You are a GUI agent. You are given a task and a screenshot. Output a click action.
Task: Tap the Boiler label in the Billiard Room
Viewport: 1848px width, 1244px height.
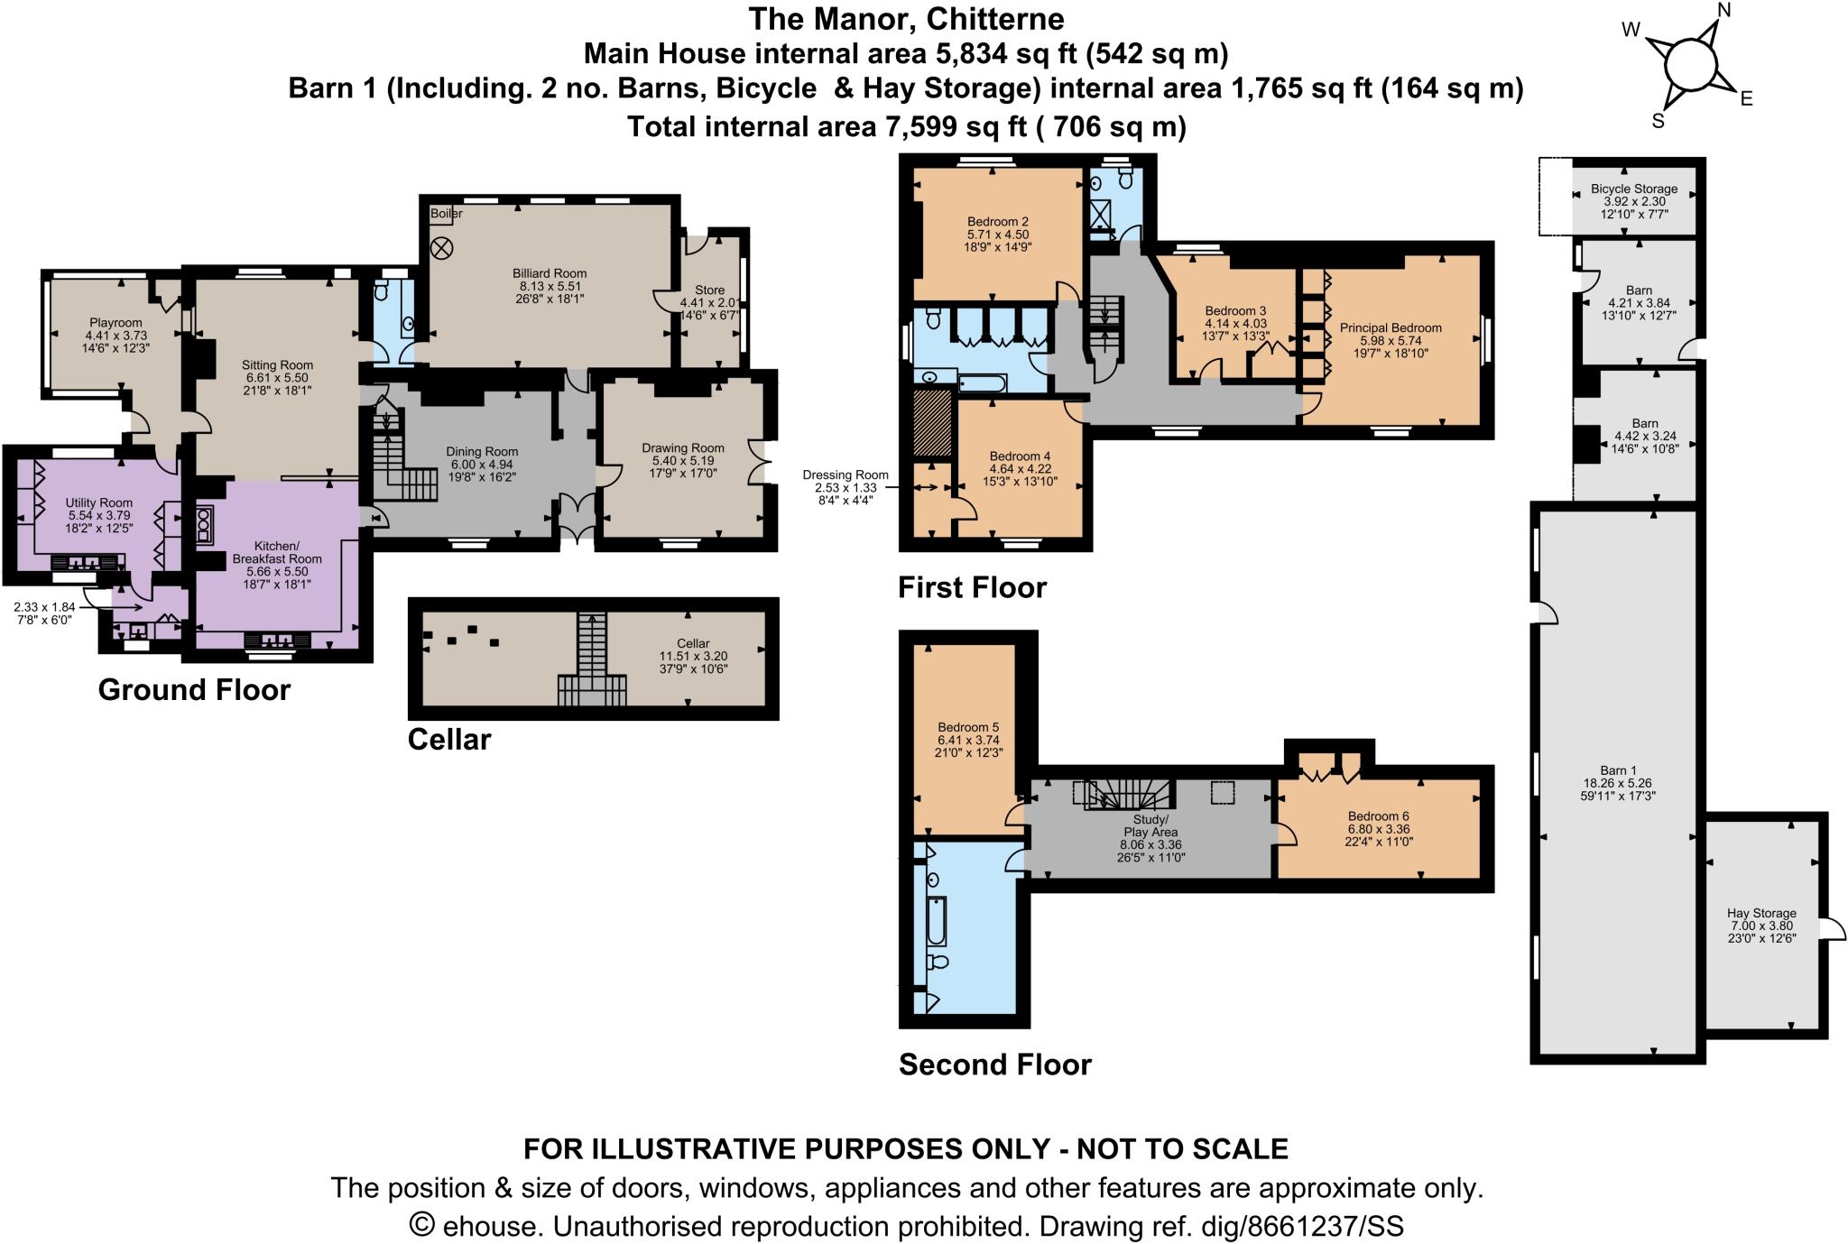coord(446,214)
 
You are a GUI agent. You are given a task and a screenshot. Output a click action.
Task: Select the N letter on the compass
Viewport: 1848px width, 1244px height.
coord(1723,11)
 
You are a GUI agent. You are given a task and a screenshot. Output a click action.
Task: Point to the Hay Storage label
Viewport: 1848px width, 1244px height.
coord(1761,913)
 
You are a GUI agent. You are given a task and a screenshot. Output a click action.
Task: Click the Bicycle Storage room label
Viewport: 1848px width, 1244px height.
coord(1634,189)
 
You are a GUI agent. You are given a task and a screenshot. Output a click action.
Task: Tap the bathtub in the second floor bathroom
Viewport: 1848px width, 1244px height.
coord(936,921)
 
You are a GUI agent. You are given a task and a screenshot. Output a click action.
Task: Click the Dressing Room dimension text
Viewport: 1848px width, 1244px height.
coord(845,488)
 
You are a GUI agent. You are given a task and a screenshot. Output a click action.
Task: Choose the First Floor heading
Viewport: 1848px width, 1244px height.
coord(972,587)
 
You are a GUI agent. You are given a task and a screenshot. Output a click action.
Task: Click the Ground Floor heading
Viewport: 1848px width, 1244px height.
coord(194,690)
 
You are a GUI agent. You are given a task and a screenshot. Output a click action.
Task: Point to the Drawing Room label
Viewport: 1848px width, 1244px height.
coord(683,447)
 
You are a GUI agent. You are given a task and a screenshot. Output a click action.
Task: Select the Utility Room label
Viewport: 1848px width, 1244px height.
coord(98,502)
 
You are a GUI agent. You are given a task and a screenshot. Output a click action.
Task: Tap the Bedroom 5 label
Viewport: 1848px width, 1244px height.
coord(967,727)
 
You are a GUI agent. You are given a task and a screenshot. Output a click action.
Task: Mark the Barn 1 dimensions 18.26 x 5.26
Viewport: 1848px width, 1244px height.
coord(1618,783)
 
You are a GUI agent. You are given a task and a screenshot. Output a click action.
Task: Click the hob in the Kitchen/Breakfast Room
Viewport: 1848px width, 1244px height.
coord(205,525)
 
